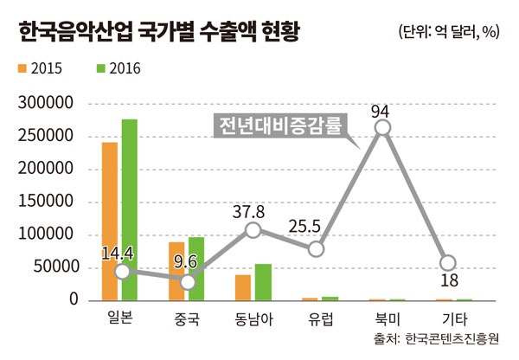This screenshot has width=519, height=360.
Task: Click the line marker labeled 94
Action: point(381,129)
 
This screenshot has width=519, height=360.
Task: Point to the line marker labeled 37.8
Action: point(252,230)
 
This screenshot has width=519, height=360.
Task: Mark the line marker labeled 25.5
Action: point(316,249)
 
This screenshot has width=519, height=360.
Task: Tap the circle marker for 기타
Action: point(446,263)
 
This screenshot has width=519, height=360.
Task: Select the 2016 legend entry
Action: point(118,67)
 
